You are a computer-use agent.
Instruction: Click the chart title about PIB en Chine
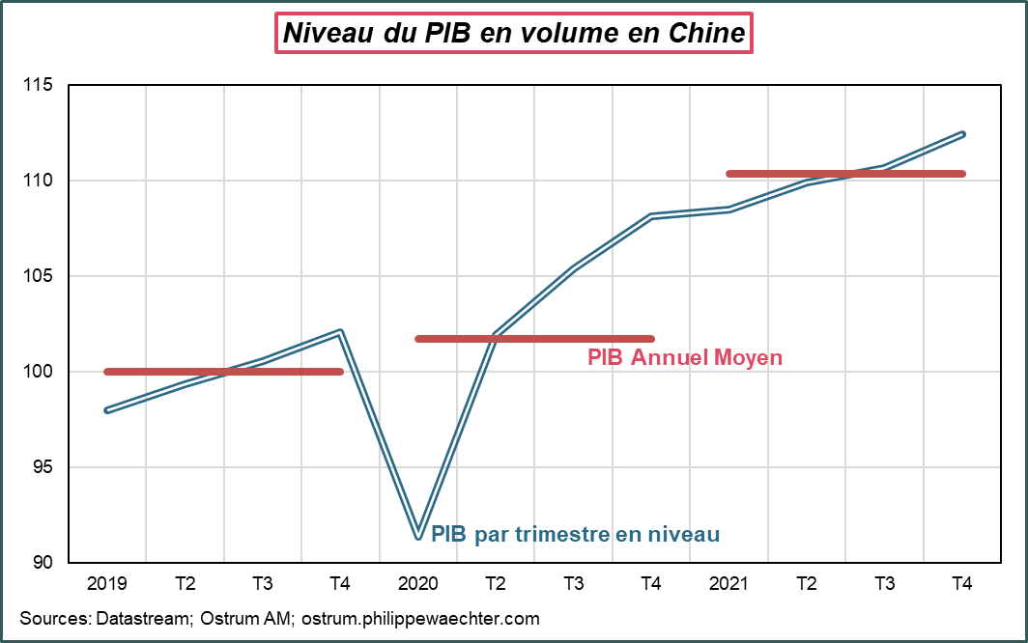[513, 34]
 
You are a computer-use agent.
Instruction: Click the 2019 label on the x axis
[106, 584]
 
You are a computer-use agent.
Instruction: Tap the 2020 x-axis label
[417, 584]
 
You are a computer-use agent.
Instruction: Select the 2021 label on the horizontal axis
[728, 584]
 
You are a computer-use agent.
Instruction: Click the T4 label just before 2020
[340, 584]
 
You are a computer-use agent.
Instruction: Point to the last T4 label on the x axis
[961, 584]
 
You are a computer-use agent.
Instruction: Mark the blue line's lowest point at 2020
[417, 536]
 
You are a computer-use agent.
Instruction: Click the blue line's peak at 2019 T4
[340, 331]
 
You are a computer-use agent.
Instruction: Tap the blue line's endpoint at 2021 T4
[962, 133]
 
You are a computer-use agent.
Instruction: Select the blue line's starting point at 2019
[106, 410]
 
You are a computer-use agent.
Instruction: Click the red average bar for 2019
[223, 372]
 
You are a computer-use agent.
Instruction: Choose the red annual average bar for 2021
[845, 174]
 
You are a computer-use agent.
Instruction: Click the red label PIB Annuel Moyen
[684, 358]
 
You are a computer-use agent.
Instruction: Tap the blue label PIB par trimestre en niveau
[575, 534]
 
